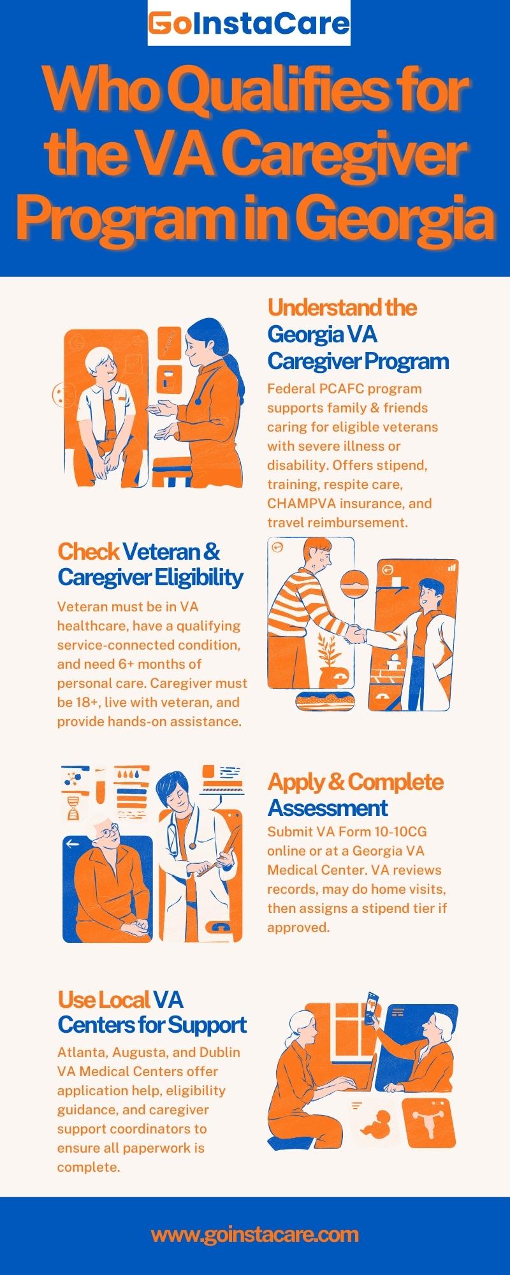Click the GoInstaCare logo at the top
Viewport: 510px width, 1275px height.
249,24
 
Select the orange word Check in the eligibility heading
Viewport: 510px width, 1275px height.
88,551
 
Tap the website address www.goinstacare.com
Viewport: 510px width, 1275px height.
255,1234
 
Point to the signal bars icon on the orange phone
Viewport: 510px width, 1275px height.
452,566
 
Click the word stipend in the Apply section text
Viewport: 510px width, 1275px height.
387,908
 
